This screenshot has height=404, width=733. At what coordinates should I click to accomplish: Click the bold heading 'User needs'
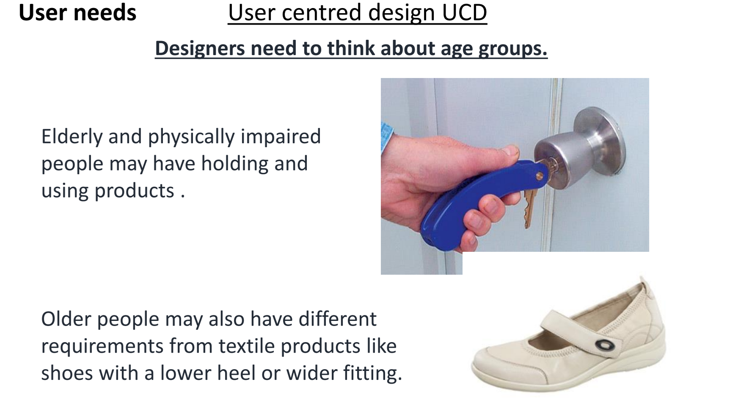[x=77, y=12]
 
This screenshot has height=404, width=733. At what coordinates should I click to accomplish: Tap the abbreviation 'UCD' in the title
[x=465, y=12]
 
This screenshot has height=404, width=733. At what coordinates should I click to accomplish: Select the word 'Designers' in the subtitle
[x=200, y=49]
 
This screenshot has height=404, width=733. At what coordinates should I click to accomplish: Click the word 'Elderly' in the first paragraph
[x=72, y=137]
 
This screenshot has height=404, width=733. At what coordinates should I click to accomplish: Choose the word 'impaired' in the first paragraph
[x=281, y=137]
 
